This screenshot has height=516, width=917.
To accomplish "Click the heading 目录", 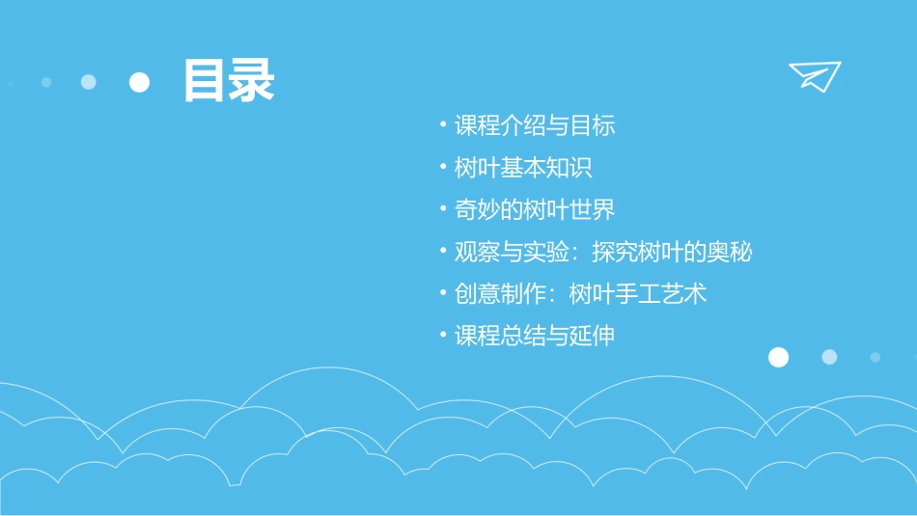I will tap(229, 81).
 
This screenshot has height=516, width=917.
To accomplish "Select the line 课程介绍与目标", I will tap(535, 125).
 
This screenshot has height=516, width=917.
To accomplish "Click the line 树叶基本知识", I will tap(523, 168).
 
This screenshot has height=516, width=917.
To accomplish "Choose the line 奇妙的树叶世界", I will tap(535, 209).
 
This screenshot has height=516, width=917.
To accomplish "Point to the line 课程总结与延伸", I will tap(535, 336).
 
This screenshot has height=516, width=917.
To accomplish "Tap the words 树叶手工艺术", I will tap(638, 293).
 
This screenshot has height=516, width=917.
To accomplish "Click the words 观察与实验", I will tap(500, 252).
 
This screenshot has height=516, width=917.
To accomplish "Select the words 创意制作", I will tap(488, 293).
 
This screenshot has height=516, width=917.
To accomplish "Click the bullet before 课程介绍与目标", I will tap(442, 124).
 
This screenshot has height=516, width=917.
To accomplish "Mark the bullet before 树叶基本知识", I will tap(442, 167).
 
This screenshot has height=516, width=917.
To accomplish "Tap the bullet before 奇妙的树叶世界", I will tap(442, 208).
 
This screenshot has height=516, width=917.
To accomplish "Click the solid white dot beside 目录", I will tap(140, 82).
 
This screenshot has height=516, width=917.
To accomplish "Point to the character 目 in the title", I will tap(205, 81).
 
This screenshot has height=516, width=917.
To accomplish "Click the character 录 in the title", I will tap(252, 81).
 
